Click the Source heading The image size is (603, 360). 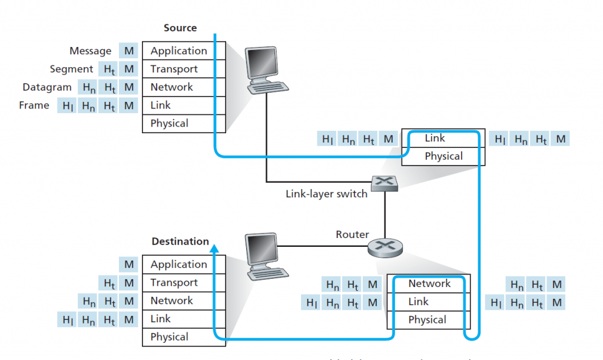(x=180, y=28)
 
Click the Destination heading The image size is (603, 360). (x=180, y=241)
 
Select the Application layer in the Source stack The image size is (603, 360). (x=178, y=51)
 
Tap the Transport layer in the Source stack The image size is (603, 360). (x=174, y=69)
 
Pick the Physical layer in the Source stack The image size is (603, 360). (x=169, y=123)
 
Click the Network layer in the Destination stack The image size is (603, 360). (x=171, y=300)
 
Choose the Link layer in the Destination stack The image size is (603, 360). (x=160, y=319)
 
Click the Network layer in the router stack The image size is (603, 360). (x=429, y=283)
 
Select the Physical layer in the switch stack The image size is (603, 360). (x=443, y=156)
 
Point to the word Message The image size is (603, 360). (x=90, y=51)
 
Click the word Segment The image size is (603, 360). (x=71, y=69)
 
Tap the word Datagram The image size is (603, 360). (x=47, y=87)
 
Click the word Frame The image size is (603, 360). (x=34, y=105)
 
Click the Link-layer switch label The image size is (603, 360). (x=326, y=193)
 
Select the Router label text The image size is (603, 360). (x=352, y=235)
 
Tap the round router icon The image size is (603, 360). (x=384, y=246)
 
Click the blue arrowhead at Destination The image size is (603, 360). (x=215, y=250)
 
